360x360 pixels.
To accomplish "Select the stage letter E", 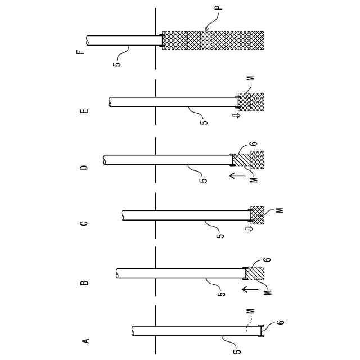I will (x=84, y=111).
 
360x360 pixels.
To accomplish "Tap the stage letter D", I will (x=84, y=167).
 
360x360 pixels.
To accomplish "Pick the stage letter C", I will (x=84, y=223).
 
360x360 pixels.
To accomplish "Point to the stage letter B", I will (x=84, y=282).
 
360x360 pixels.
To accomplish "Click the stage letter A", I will (x=86, y=340).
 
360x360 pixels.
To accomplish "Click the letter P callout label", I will (x=219, y=8).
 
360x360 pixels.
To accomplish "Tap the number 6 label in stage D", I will (x=254, y=144).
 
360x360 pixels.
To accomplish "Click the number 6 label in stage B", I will (x=267, y=259).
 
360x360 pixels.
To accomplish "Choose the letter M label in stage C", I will (x=280, y=210).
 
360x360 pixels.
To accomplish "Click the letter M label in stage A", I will (x=250, y=310).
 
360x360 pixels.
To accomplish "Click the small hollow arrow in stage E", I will (x=236, y=116).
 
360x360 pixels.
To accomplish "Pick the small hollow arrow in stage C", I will (x=249, y=229).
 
